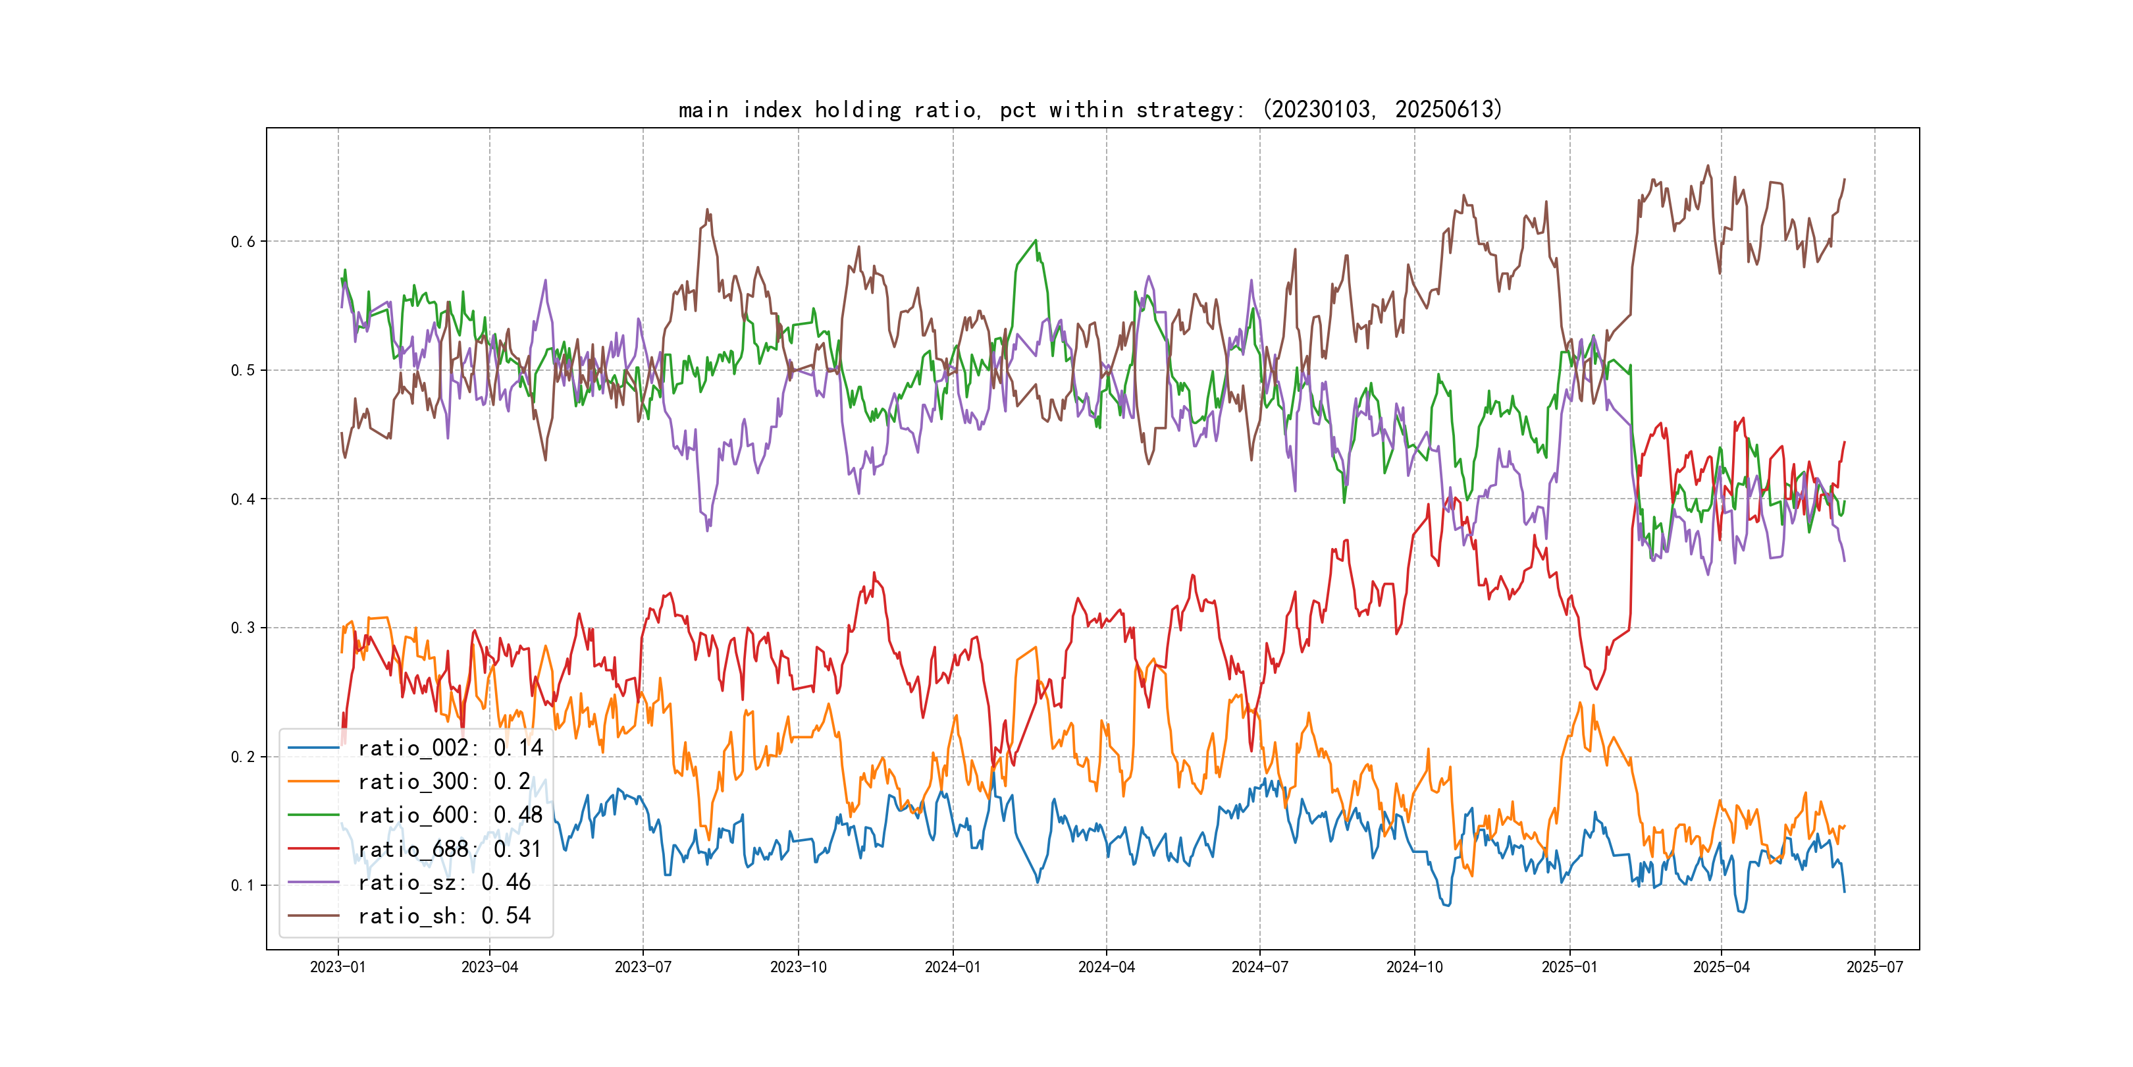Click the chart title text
[1090, 109]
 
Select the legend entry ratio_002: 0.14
[450, 748]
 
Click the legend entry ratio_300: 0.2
[444, 782]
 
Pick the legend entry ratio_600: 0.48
[450, 816]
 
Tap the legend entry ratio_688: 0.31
[450, 849]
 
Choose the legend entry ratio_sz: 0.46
[444, 883]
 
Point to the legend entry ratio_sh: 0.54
[444, 916]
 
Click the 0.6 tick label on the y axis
[243, 242]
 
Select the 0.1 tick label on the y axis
[243, 886]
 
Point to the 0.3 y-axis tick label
[243, 628]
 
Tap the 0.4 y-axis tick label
[243, 499]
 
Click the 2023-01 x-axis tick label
[338, 968]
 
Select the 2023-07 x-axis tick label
[643, 968]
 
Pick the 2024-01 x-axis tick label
[953, 968]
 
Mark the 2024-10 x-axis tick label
[1414, 968]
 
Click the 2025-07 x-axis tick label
[1875, 968]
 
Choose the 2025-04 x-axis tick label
[1722, 968]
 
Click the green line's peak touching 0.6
[1035, 241]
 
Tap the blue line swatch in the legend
[314, 748]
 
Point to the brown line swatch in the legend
[314, 916]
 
